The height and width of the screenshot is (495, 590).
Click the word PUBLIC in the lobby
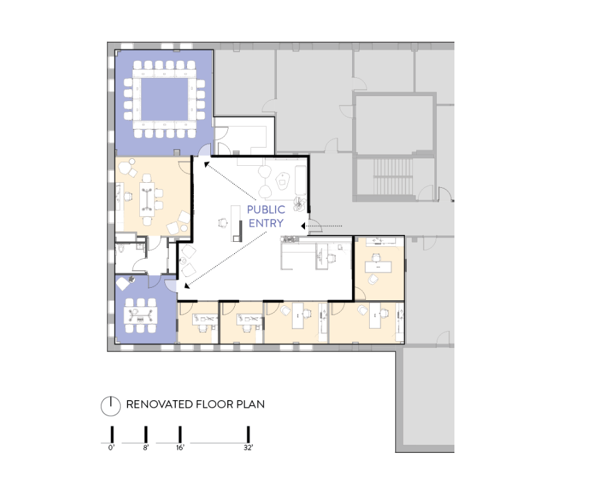pyautogui.click(x=265, y=209)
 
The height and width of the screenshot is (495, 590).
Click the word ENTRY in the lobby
pyautogui.click(x=265, y=223)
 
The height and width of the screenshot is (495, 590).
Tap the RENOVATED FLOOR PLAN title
pyautogui.click(x=195, y=404)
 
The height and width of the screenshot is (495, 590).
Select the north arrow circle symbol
pyautogui.click(x=110, y=406)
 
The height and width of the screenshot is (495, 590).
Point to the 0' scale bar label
pyautogui.click(x=111, y=447)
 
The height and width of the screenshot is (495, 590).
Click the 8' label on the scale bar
pyautogui.click(x=146, y=447)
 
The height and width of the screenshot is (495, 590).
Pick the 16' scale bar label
pyautogui.click(x=180, y=447)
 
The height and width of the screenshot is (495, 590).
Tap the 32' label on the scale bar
pyautogui.click(x=248, y=447)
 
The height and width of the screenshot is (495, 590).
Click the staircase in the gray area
pyautogui.click(x=392, y=177)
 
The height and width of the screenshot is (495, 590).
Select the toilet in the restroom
pyautogui.click(x=121, y=249)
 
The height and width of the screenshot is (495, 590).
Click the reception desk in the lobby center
pyautogui.click(x=236, y=224)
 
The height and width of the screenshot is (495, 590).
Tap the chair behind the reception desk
pyautogui.click(x=223, y=222)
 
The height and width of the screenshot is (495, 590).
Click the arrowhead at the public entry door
pyautogui.click(x=303, y=226)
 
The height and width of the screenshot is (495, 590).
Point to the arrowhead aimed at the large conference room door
pyautogui.click(x=206, y=164)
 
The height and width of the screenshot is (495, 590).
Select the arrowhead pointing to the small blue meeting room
pyautogui.click(x=186, y=286)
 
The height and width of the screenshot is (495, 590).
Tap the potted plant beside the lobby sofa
pyautogui.click(x=301, y=204)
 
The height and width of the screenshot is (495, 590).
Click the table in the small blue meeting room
pyautogui.click(x=141, y=315)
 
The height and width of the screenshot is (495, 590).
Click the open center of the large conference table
pyautogui.click(x=164, y=99)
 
